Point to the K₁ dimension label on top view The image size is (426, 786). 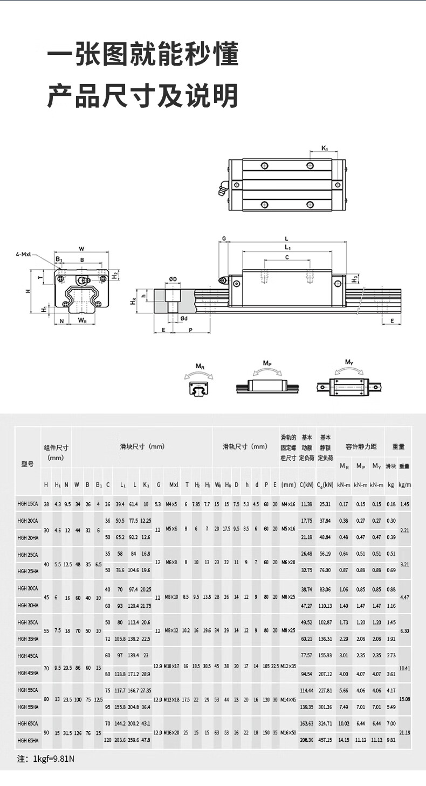coord(325,148)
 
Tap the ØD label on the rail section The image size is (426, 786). coord(173,279)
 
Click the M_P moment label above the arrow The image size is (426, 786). coord(267,363)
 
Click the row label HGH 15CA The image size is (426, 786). coord(28,504)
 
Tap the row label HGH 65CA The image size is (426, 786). coord(28,724)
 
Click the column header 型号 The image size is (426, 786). coord(28,464)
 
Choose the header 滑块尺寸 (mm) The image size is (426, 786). coord(142,446)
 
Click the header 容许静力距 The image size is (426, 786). coord(359,446)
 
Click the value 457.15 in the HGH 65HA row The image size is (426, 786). coord(325,740)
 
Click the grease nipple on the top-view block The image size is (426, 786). coord(222,191)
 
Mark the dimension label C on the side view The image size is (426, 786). coord(287,257)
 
